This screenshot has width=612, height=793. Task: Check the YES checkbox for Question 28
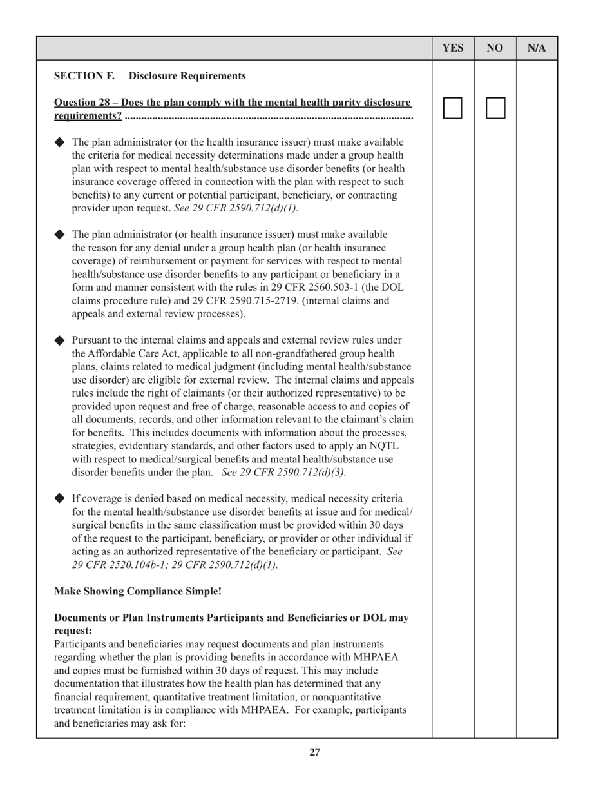click(453, 108)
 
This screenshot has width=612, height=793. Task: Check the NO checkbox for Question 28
click(495, 108)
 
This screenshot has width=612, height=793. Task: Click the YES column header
click(453, 48)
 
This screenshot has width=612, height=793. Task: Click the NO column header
click(495, 48)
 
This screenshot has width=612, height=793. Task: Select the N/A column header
click(537, 48)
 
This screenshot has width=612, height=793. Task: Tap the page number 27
click(314, 752)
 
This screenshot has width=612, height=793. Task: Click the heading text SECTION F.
click(84, 76)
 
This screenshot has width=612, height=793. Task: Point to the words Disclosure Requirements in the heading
click(187, 76)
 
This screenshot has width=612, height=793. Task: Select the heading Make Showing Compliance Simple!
click(138, 591)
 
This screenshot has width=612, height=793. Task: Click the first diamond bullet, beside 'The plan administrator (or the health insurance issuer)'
click(60, 142)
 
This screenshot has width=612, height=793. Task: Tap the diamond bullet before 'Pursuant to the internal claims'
click(60, 340)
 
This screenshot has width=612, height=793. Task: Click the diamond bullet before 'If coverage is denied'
click(60, 498)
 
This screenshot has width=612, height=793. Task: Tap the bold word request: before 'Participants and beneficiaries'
click(73, 631)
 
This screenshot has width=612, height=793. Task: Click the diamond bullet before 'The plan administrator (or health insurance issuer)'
click(60, 234)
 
